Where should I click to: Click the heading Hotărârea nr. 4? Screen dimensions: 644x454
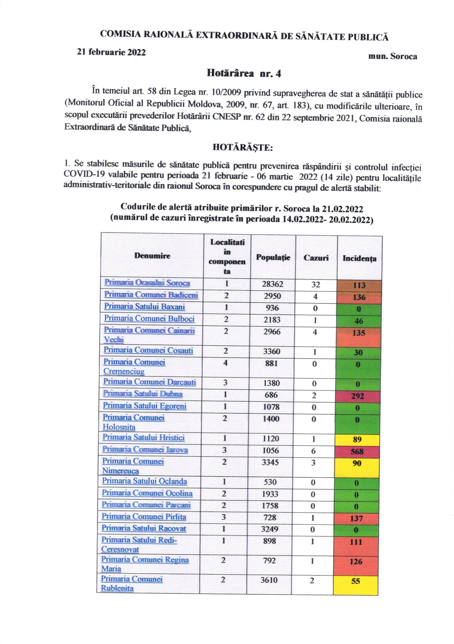pos(243,74)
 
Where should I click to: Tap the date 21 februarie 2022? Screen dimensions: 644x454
pos(111,52)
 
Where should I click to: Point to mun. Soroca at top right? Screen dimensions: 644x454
pos(392,56)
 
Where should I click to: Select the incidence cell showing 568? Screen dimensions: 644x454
pos(357,452)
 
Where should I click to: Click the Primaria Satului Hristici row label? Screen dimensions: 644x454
pos(143,438)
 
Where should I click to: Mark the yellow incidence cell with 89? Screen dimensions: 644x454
pos(357,439)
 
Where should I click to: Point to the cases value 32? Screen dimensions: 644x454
pos(315,284)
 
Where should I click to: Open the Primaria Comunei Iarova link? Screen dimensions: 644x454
pos(145,450)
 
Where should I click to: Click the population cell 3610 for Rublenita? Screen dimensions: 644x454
pos(270,580)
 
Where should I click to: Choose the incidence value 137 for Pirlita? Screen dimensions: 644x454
pos(356,518)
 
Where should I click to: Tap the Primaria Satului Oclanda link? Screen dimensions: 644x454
pos(144,481)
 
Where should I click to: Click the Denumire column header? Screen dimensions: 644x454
pos(152,256)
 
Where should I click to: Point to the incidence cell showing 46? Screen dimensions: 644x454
pos(359,321)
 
